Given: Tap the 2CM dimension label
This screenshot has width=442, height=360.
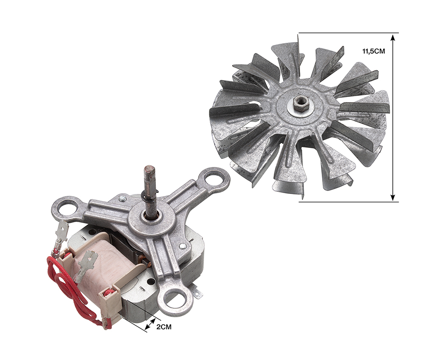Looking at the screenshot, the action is pyautogui.click(x=164, y=327).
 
